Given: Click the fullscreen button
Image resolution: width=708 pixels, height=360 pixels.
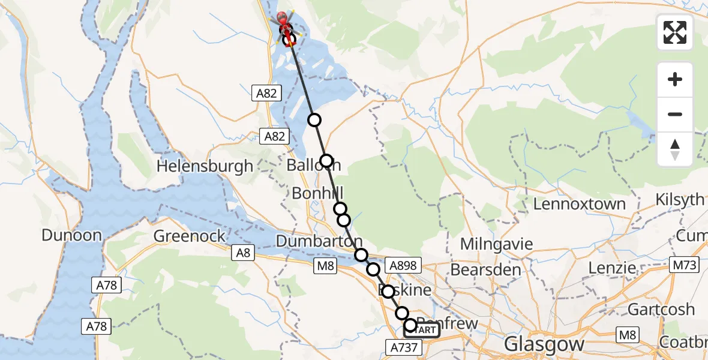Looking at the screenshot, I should click(x=675, y=32).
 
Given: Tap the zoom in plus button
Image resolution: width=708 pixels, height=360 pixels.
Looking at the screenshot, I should click(x=675, y=79).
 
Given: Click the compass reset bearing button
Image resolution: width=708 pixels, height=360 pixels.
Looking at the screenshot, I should click(x=675, y=149).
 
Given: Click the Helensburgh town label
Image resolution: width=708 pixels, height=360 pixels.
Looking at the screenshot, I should click(x=205, y=166).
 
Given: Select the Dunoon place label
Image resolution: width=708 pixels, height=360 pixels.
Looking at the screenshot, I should click(x=71, y=235).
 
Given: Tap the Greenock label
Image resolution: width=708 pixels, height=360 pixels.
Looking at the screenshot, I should click(x=190, y=236).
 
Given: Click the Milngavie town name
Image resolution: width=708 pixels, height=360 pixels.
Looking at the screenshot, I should click(x=496, y=244).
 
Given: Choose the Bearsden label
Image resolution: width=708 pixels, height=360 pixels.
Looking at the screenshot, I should click(x=485, y=269).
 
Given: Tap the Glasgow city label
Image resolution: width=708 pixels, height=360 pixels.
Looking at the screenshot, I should click(x=544, y=344).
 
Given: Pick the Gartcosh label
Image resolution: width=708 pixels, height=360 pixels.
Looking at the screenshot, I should click(x=661, y=309).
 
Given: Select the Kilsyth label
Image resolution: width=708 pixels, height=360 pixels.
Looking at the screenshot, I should click(x=680, y=199).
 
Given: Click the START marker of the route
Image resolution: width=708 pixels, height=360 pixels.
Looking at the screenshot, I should click(x=425, y=329).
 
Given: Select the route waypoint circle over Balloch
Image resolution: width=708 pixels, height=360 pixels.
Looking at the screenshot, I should click(x=326, y=161).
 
